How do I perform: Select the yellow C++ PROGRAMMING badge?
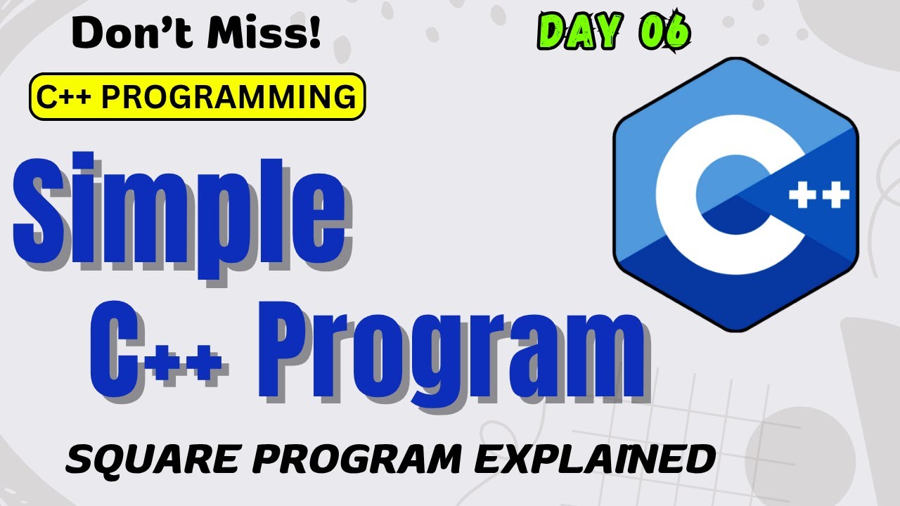(197, 97)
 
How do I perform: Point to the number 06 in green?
(664, 32)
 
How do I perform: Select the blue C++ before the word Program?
(158, 351)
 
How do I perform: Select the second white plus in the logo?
(836, 197)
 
